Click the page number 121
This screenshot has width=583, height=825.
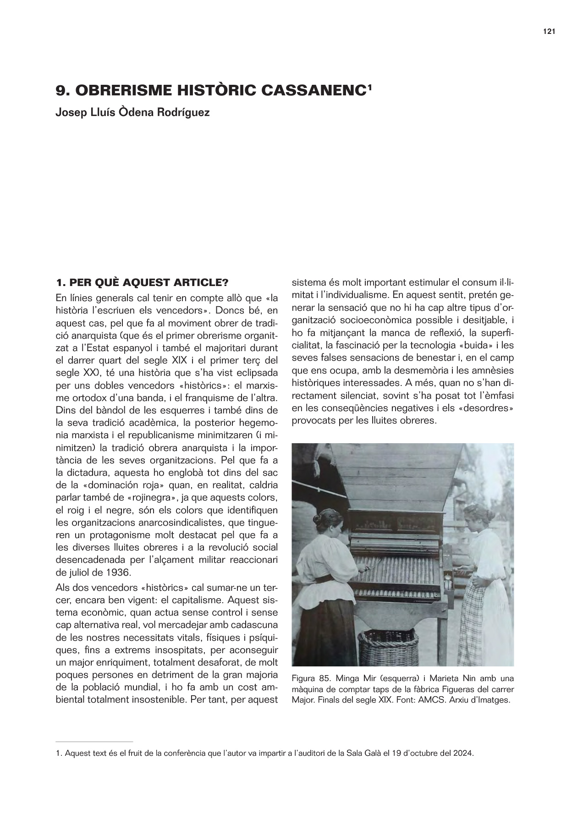pos(549,32)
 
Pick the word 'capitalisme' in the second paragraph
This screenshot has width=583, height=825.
pos(205,600)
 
